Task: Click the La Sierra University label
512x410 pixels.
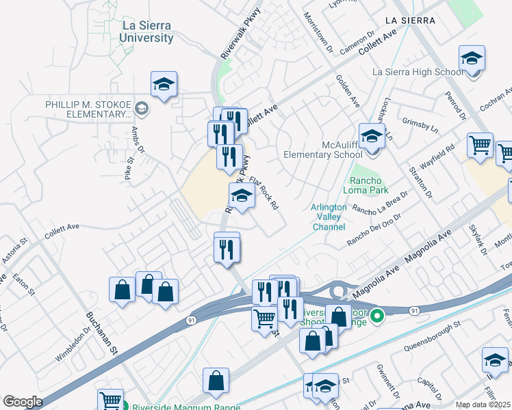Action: tap(146, 32)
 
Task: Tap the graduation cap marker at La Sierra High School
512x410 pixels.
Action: tap(471, 59)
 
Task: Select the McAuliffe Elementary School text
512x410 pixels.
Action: tap(323, 150)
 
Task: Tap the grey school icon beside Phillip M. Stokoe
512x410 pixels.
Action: tap(142, 107)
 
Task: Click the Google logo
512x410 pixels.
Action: tap(23, 401)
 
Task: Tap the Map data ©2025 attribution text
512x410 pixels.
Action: tap(482, 405)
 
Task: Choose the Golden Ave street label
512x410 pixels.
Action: tap(348, 91)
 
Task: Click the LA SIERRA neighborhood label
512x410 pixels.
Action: tap(410, 20)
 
